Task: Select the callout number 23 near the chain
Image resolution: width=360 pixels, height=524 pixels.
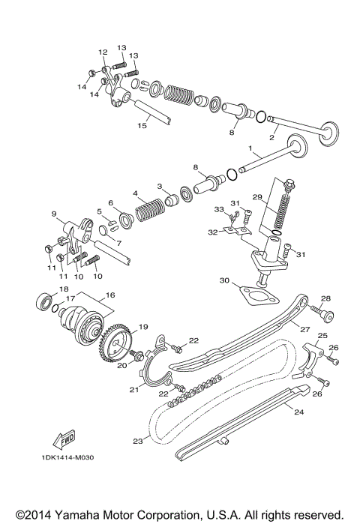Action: pyautogui.click(x=137, y=442)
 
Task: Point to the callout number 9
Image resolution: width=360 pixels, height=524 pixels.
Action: pyautogui.click(x=54, y=214)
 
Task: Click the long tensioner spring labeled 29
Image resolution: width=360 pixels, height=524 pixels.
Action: pyautogui.click(x=283, y=205)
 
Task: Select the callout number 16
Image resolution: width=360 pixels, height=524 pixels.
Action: pyautogui.click(x=110, y=296)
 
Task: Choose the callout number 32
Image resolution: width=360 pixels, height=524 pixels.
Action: pyautogui.click(x=212, y=233)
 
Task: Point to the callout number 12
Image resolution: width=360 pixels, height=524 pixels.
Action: pyautogui.click(x=103, y=52)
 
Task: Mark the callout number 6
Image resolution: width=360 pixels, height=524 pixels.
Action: pyautogui.click(x=109, y=203)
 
